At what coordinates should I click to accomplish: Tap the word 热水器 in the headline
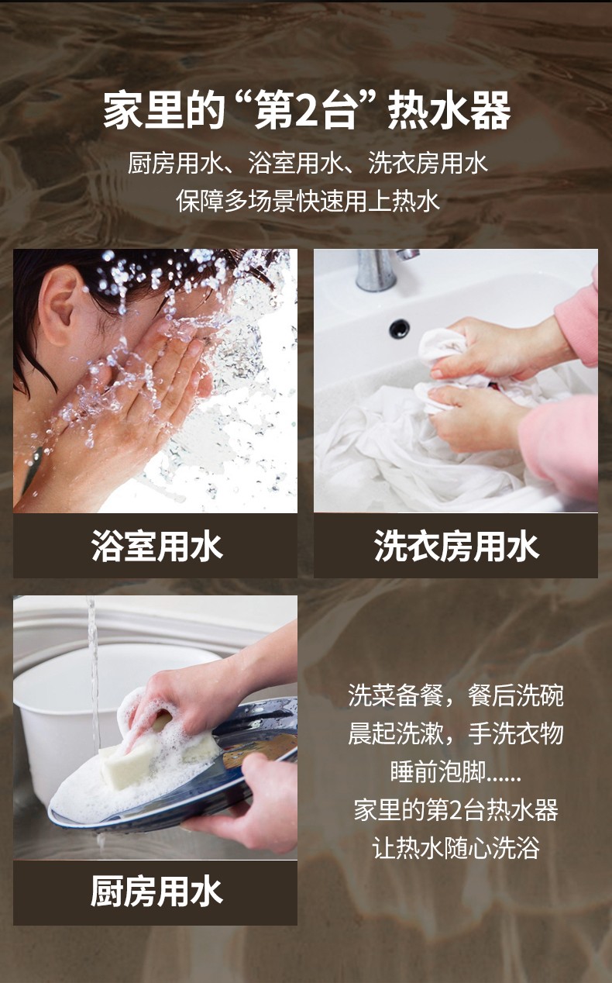pyautogui.click(x=449, y=111)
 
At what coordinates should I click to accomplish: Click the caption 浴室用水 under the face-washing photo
pyautogui.click(x=157, y=546)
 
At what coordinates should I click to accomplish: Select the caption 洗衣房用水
pyautogui.click(x=456, y=546)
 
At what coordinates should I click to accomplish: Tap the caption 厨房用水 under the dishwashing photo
pyautogui.click(x=157, y=891)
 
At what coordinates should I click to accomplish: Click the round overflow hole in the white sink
pyautogui.click(x=400, y=328)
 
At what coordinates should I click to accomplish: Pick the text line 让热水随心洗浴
pyautogui.click(x=456, y=848)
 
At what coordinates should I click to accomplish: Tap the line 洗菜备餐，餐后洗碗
pyautogui.click(x=456, y=695)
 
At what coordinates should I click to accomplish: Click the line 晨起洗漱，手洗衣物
pyautogui.click(x=456, y=733)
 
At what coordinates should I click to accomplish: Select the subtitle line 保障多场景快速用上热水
pyautogui.click(x=308, y=201)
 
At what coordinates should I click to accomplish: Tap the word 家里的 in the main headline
pyautogui.click(x=164, y=111)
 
